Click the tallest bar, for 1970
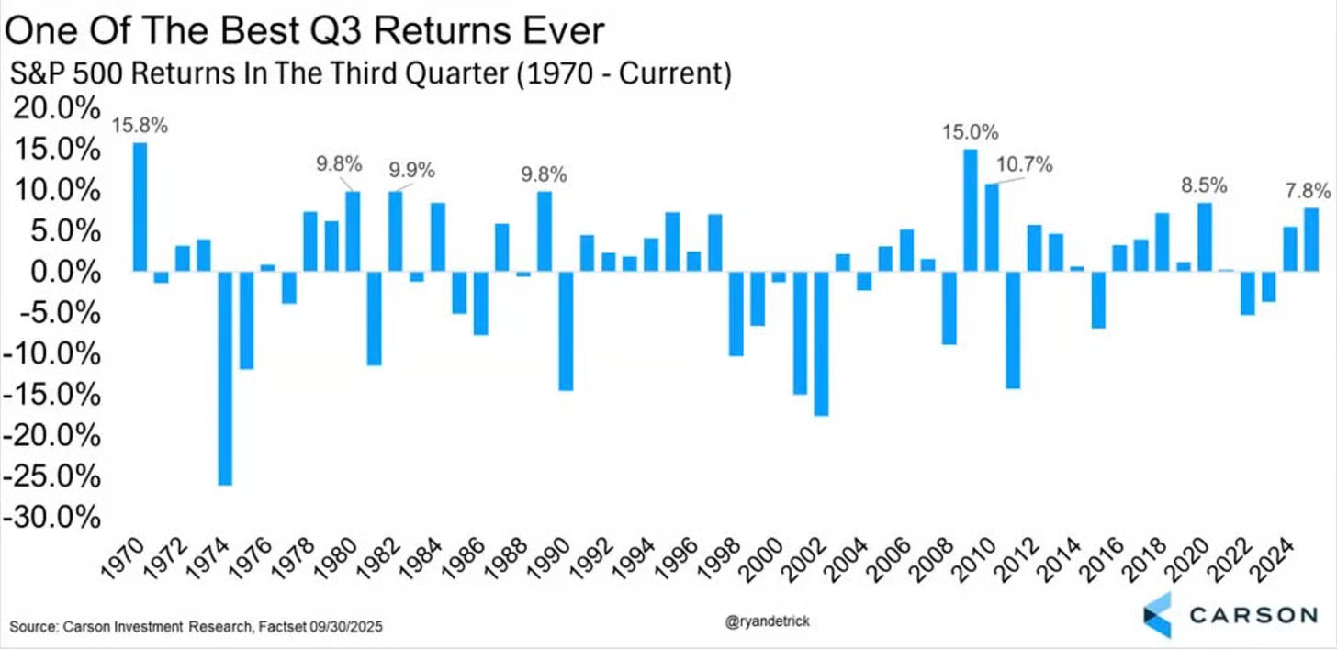(140, 207)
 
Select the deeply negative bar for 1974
(225, 377)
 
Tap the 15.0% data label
(970, 132)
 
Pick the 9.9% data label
(411, 170)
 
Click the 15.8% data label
(140, 126)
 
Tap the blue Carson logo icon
(1156, 614)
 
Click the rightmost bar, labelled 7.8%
(1311, 240)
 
